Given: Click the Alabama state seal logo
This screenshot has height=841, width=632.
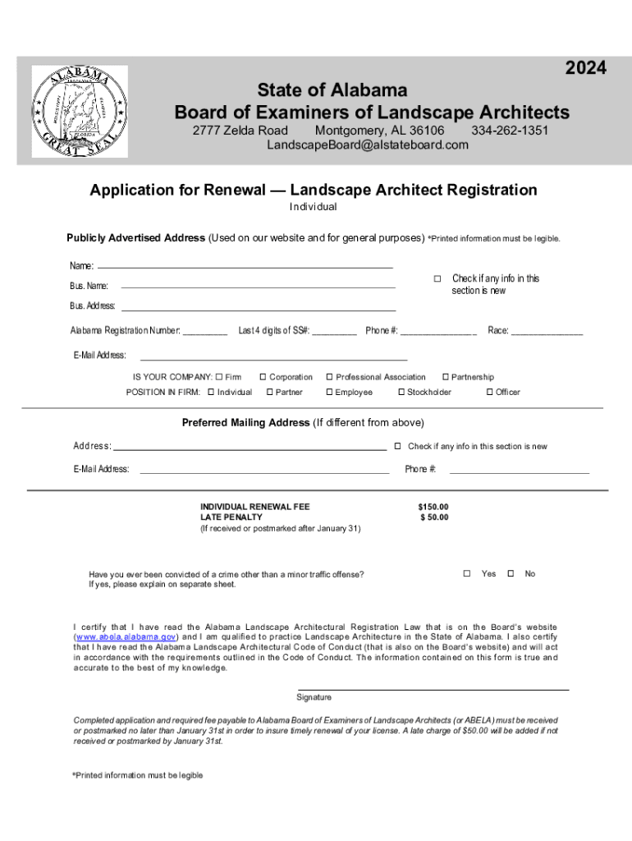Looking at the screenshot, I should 80,111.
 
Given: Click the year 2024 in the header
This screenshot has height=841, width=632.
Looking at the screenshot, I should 585,69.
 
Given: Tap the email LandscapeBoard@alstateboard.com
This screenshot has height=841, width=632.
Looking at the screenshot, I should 368,145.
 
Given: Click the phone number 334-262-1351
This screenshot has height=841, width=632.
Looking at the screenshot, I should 510,131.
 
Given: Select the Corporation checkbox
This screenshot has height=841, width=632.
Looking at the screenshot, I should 263,377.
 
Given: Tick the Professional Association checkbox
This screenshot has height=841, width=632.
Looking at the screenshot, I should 329,377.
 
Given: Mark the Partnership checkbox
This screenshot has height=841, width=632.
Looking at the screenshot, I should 445,377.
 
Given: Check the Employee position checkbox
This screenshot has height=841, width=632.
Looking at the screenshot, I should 329,393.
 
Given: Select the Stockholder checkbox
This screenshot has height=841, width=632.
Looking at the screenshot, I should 401,393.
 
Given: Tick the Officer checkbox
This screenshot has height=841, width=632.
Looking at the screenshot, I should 489,393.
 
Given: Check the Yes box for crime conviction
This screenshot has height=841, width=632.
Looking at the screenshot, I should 466,573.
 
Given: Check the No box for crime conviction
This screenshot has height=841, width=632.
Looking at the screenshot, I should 511,573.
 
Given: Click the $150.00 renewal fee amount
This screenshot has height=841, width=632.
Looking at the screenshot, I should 433,507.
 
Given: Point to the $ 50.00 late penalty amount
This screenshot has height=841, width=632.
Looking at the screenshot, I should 434,517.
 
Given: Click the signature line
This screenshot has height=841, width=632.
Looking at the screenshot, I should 433,688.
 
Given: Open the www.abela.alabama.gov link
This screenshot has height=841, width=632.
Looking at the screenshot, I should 125,636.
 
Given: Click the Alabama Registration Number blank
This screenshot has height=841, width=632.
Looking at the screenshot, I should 205,332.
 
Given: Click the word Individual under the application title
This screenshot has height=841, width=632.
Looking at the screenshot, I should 314,207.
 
